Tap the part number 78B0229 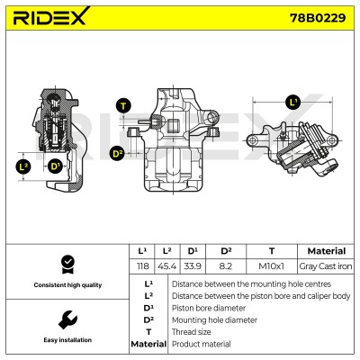(318, 18)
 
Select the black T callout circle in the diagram (123, 106)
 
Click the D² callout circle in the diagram (118, 154)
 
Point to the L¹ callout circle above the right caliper (293, 103)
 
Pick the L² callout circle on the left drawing (23, 166)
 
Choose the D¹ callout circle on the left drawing (55, 166)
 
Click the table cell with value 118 (142, 265)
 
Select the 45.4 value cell (167, 265)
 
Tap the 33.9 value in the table (193, 265)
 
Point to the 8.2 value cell (226, 265)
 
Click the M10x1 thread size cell (272, 265)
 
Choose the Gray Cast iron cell (326, 265)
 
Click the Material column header (327, 251)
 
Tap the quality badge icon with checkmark (67, 265)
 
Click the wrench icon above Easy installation (67, 319)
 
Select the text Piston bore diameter (209, 308)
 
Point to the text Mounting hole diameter (214, 320)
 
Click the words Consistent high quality (67, 285)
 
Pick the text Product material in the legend (202, 344)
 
